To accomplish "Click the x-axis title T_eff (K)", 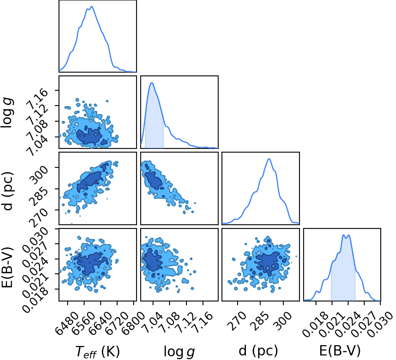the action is (x=97, y=351).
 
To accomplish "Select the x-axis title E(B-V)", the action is (x=339, y=351).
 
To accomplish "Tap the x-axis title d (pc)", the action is (x=258, y=351).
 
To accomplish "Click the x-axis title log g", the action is (x=179, y=351).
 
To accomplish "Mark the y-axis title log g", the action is (x=7, y=113).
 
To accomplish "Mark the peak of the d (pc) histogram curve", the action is (x=269, y=159).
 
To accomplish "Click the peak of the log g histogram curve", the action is (x=152, y=82).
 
